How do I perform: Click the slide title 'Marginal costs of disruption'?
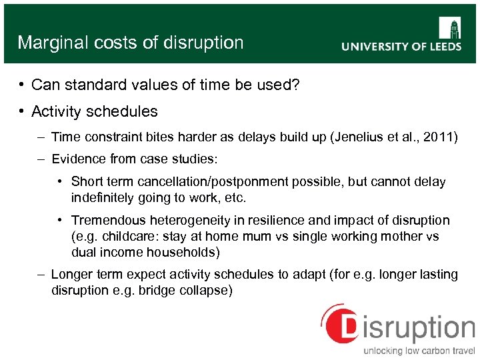(x=131, y=43)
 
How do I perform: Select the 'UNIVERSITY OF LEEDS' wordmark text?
(x=401, y=47)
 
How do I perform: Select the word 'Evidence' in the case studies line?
(x=77, y=159)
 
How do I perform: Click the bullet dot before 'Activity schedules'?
(x=22, y=111)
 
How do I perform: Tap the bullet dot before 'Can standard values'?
(x=22, y=85)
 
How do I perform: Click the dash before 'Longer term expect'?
(x=41, y=274)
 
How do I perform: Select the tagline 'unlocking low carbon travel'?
(x=419, y=351)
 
